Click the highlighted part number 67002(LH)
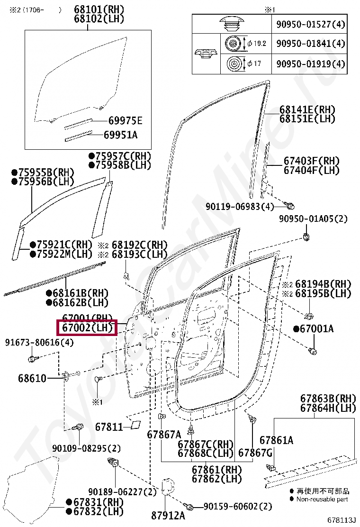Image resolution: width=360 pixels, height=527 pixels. click(x=87, y=327)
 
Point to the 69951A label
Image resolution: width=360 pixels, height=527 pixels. click(x=120, y=135)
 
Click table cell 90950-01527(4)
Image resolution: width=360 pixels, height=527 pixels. click(x=310, y=24)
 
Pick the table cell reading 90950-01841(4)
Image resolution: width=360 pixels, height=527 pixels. click(x=310, y=44)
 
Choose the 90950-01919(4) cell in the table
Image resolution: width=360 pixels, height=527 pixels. click(x=310, y=64)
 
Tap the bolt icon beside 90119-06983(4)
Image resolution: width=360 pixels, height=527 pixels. click(x=291, y=206)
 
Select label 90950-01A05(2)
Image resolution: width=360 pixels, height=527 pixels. click(x=313, y=219)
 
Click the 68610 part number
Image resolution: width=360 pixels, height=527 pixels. click(x=32, y=378)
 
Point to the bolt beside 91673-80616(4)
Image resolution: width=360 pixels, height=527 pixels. click(x=32, y=358)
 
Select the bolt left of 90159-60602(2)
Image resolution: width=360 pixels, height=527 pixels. click(x=190, y=507)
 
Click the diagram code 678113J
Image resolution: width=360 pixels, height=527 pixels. click(x=341, y=520)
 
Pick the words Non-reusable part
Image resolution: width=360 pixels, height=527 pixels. click(x=322, y=499)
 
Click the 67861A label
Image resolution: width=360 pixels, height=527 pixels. click(x=276, y=440)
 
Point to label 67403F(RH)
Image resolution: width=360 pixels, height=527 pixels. click(x=312, y=161)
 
